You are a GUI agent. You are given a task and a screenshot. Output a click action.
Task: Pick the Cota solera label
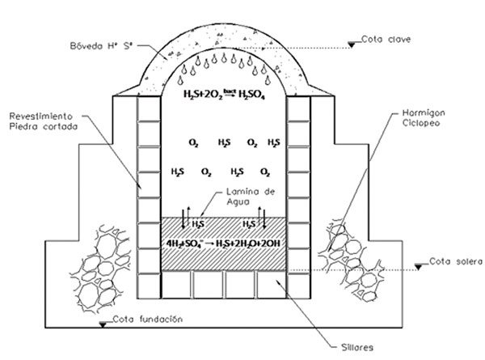coord(453,260)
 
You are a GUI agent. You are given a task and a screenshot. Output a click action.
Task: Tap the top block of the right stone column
coord(300,110)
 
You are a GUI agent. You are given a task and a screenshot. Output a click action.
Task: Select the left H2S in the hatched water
coord(196,222)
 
